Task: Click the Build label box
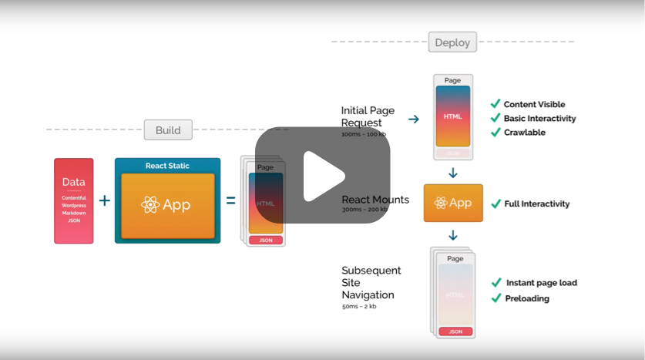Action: tap(168, 130)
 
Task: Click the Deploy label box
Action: tap(452, 42)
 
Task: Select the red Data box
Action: tap(73, 201)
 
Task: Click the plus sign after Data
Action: tap(105, 201)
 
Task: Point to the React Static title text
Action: tap(167, 166)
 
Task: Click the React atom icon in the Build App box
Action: tap(150, 205)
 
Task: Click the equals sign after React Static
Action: tap(230, 201)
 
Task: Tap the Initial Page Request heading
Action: tap(368, 116)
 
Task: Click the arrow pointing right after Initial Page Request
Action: tap(413, 119)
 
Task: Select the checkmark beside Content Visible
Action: tap(496, 104)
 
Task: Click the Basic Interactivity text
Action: tap(539, 119)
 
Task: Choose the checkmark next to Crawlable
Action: tap(496, 133)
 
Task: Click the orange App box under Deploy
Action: tap(453, 203)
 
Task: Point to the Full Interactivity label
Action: tap(536, 204)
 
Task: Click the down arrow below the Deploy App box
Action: tap(453, 234)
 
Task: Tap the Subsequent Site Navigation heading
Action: tap(371, 282)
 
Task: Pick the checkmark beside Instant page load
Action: tap(496, 283)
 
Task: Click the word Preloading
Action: tap(527, 298)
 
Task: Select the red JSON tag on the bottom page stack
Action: tap(455, 331)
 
